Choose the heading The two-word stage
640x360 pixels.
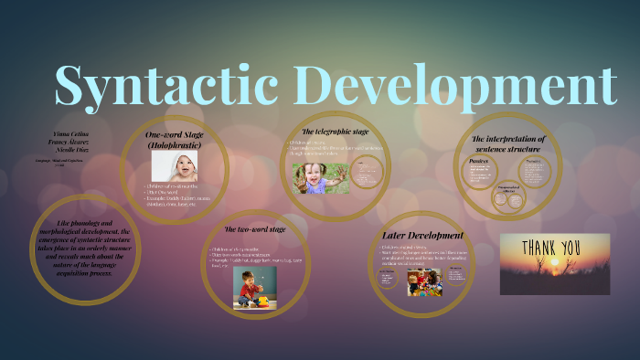255,228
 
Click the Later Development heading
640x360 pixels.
421,235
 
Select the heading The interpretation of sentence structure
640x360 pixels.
507,143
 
